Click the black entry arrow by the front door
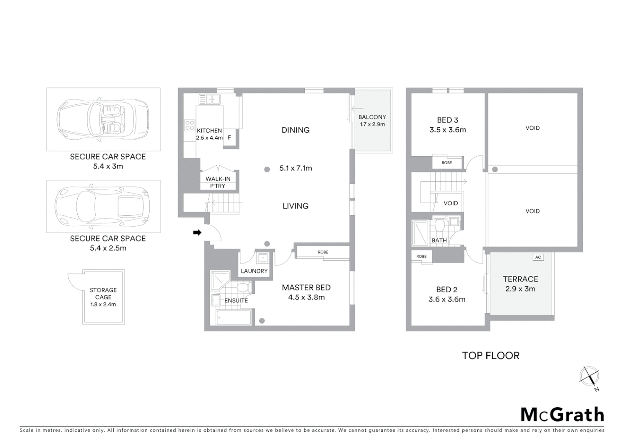point(197,232)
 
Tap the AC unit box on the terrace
point(538,257)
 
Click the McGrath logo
point(562,415)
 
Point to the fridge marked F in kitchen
point(229,138)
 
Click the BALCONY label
point(372,117)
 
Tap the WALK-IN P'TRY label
point(218,182)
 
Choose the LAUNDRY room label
point(254,271)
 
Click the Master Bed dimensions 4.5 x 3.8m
point(306,298)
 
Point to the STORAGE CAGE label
point(103,293)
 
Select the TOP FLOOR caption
point(490,356)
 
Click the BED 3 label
point(447,120)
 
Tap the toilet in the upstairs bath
point(440,226)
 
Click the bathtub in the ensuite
point(234,318)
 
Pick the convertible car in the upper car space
point(102,119)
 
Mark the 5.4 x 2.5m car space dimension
point(108,248)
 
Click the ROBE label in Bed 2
point(421,257)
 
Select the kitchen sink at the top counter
point(210,99)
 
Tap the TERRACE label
point(520,279)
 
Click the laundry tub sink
point(263,258)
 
